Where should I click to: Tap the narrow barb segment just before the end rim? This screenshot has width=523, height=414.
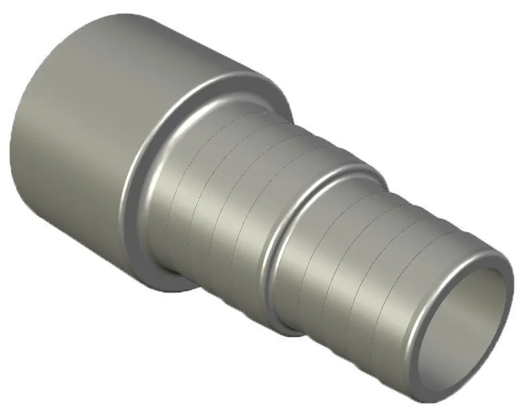[x=399, y=284]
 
